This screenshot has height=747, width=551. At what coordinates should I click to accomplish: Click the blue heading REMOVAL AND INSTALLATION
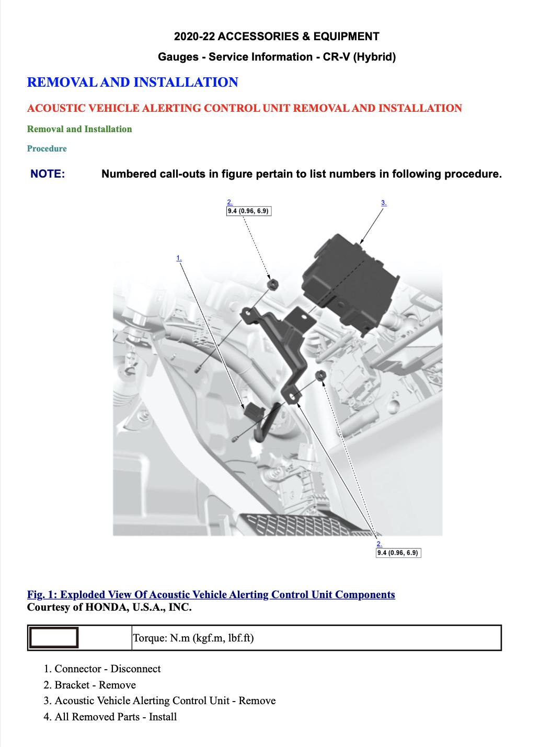point(132,83)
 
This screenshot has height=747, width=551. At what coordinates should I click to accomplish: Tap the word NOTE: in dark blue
point(48,174)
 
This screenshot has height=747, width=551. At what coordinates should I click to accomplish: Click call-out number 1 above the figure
point(179,258)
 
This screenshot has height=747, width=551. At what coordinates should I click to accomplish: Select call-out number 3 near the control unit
point(384,203)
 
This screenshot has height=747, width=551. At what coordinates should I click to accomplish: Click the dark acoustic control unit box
point(350,285)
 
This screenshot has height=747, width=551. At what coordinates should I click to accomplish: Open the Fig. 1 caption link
point(211,594)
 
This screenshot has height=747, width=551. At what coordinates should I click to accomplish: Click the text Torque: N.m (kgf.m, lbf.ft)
point(193,638)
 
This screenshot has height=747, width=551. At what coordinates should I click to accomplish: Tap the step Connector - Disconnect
point(108,669)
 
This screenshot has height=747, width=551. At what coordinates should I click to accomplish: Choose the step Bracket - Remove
point(95,685)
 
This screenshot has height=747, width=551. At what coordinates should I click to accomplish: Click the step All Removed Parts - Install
point(116,717)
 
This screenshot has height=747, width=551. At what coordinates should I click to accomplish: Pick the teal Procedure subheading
point(47,148)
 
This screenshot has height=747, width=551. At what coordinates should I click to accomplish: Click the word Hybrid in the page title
point(374,57)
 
